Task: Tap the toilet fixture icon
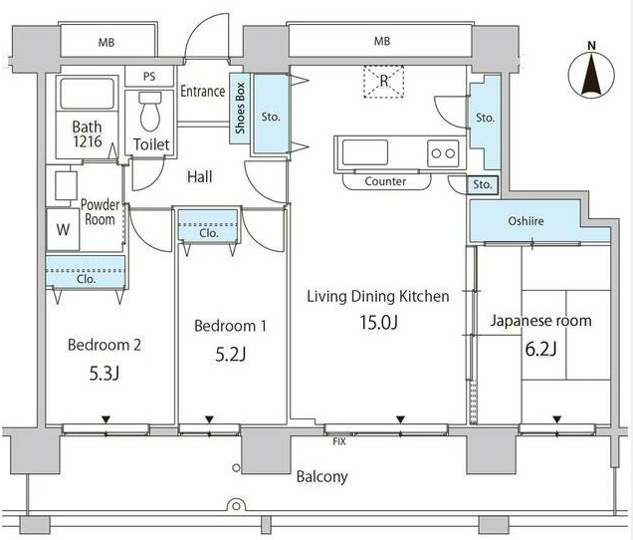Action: coord(150,112)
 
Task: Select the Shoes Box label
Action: coord(240,109)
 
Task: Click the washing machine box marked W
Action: coord(63,229)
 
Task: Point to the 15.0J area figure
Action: coord(378,323)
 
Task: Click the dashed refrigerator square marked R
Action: coord(383,82)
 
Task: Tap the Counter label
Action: coord(385,181)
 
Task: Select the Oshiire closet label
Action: coord(526,221)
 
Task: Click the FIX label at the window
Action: coord(339,441)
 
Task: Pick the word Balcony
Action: coord(321,477)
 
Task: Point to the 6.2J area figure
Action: coord(540,349)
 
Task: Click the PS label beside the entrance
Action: coord(149,77)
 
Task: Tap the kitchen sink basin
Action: coord(365,152)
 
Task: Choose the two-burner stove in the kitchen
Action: coord(443,153)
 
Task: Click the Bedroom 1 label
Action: coord(230,326)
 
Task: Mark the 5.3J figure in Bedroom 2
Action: coord(104,374)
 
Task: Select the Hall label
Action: coord(199,176)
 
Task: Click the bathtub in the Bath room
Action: coord(87,94)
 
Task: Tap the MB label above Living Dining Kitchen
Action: coord(382,41)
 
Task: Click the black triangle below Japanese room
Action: coord(557,419)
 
